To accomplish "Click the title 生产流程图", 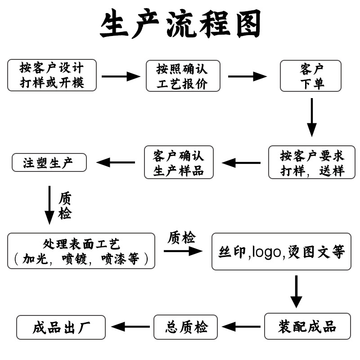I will pos(180,25).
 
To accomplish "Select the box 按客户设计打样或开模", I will pos(52,75).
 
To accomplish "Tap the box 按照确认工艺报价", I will pos(183,76).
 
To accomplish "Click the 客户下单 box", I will pos(311,76).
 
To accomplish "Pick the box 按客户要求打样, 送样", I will pos(311,162).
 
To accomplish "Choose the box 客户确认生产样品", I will pos(179,162).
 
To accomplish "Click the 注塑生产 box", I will pos(49,162).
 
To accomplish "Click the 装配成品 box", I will pos(307,326).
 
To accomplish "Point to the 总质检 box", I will pos(186,327).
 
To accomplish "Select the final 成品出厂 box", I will pos(61,327).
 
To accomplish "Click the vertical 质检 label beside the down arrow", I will pos(65,206).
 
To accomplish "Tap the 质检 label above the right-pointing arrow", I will pos(182,237).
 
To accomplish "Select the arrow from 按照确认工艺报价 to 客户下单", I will pos(247,76).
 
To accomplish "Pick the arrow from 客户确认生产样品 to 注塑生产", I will pos(116,162).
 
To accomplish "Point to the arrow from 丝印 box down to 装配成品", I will pos(296,291).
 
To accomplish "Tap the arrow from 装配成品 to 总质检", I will pos(241,327).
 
